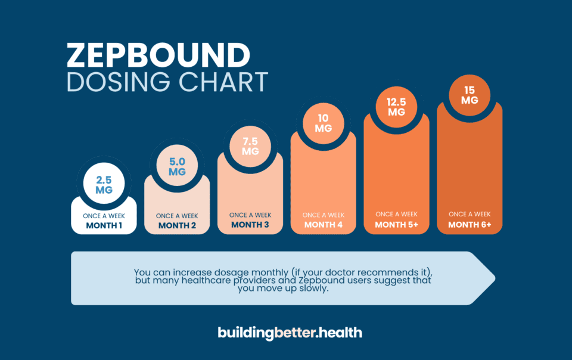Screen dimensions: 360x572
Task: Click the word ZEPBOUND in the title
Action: click(158, 55)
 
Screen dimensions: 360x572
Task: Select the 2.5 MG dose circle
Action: click(104, 184)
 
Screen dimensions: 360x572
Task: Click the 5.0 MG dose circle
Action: click(177, 166)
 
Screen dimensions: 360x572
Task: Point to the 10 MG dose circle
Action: click(323, 122)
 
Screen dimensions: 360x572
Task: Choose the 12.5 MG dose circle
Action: click(396, 105)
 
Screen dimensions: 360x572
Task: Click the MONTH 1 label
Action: click(104, 226)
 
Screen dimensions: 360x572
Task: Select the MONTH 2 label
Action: click(177, 226)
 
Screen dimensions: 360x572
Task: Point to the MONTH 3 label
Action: click(250, 225)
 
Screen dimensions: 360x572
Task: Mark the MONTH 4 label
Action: click(323, 225)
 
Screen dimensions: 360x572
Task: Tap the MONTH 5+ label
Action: click(396, 225)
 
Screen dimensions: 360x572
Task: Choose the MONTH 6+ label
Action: click(470, 225)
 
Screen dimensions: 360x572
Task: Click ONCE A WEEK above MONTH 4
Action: click(323, 215)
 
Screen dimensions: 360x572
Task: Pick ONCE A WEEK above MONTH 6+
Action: click(470, 214)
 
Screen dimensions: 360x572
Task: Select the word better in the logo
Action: click(296, 332)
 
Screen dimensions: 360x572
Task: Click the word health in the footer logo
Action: click(340, 332)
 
